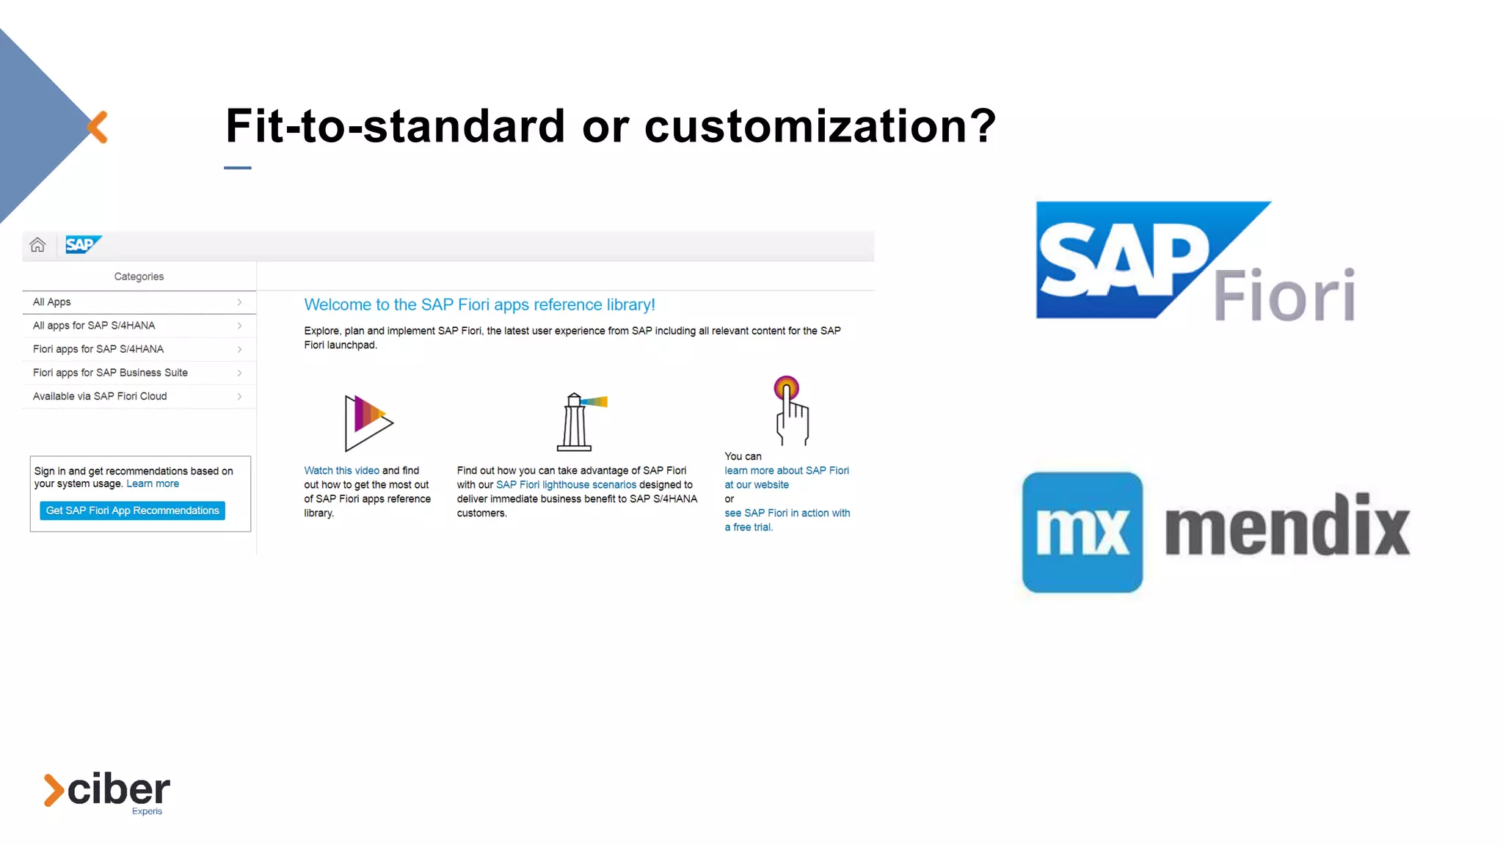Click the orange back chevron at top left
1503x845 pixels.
click(x=98, y=127)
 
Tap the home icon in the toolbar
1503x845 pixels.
click(x=37, y=245)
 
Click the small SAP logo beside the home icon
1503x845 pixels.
click(x=82, y=245)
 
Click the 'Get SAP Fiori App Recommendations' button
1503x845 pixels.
click(x=132, y=511)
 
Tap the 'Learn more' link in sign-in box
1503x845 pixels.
click(x=153, y=484)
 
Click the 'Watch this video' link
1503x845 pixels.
click(x=341, y=471)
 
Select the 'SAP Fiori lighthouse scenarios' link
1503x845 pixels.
click(x=566, y=485)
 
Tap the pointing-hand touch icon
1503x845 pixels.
click(x=791, y=411)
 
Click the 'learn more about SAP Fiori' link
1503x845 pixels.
click(x=786, y=471)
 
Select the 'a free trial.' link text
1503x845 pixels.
click(x=749, y=527)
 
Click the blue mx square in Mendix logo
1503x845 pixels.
click(x=1082, y=533)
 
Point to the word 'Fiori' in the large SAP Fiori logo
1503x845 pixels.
click(x=1284, y=296)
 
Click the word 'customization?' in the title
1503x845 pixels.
click(x=820, y=126)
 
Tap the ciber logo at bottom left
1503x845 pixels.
click(x=107, y=791)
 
